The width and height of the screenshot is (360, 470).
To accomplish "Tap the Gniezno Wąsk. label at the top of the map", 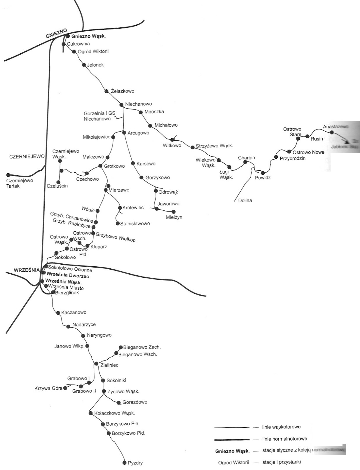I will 88,36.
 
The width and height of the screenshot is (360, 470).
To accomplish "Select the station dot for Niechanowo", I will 122,104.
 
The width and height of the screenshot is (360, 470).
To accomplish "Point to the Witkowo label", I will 172,145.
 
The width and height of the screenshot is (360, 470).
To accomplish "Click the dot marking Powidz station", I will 263,173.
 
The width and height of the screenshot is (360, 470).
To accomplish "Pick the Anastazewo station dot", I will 332,132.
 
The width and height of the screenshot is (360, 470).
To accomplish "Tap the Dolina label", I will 245,200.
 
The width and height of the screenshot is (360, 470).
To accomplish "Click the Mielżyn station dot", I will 174,212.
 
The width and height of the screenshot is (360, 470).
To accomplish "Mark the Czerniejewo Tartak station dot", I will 8,175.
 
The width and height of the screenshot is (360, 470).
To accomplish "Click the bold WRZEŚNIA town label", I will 27,270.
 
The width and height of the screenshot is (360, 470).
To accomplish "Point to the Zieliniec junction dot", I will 96,364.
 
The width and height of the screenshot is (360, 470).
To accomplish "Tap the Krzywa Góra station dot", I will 65,388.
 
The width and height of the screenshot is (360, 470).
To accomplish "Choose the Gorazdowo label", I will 135,402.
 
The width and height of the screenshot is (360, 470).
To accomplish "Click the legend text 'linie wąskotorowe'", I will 281,427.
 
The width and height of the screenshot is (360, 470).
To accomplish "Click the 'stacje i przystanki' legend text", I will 282,462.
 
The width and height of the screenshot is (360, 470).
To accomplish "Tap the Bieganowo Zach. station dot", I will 121,347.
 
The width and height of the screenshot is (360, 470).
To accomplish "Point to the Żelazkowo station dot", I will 106,91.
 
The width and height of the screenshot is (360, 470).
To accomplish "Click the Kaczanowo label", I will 74,312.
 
